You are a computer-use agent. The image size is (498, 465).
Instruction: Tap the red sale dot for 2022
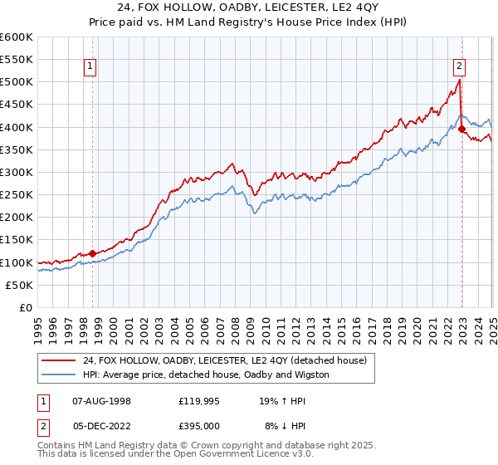coord(461,129)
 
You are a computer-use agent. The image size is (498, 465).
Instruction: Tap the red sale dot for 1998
coord(92,253)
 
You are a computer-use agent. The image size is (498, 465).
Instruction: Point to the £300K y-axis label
coord(17,172)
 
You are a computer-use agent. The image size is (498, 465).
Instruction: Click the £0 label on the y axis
coord(26,307)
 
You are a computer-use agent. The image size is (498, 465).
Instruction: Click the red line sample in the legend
coord(57,360)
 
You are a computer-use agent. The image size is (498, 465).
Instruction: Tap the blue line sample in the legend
coord(57,374)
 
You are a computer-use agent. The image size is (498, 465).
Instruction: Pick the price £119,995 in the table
coord(198,400)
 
